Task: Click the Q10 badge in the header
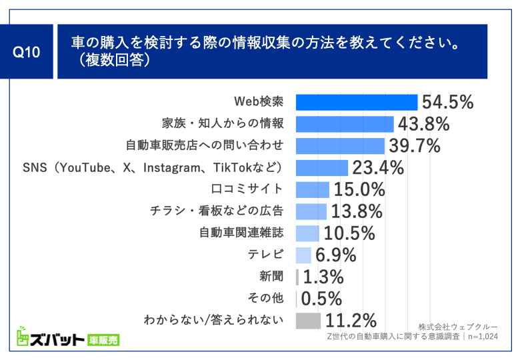(28, 52)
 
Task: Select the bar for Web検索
(356, 102)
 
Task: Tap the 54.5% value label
(447, 102)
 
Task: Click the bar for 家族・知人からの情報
(344, 124)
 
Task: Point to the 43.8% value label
(423, 124)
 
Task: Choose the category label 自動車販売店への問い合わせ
(205, 145)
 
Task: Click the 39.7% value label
(414, 145)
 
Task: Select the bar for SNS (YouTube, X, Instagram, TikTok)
(321, 167)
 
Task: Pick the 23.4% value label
(377, 167)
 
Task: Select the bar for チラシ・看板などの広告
(311, 211)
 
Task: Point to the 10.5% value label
(349, 233)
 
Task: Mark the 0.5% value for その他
(321, 298)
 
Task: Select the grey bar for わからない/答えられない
(308, 320)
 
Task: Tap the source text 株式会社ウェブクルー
(458, 326)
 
